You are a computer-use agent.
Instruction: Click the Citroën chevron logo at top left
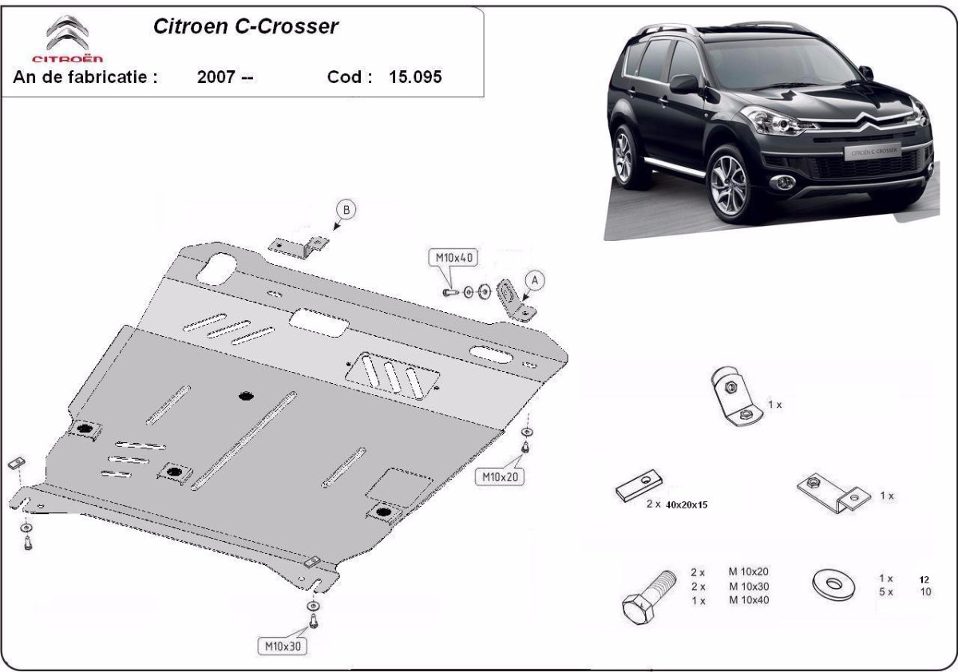[x=68, y=33]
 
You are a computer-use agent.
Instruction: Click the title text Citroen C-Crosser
[x=246, y=26]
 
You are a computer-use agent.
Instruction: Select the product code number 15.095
[x=415, y=77]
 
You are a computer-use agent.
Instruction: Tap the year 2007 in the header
[x=216, y=77]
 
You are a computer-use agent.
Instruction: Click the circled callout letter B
[x=346, y=210]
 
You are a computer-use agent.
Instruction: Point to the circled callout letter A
[x=534, y=280]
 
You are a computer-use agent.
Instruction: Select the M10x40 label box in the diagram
[x=453, y=258]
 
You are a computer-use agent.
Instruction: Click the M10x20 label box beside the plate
[x=500, y=476]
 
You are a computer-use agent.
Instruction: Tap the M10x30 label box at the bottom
[x=283, y=646]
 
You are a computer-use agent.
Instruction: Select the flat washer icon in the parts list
[x=833, y=584]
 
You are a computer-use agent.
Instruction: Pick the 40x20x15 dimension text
[x=687, y=505]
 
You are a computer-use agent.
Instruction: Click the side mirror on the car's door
[x=683, y=84]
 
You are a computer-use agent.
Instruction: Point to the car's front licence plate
[x=873, y=152]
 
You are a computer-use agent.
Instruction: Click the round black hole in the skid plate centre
[x=246, y=397]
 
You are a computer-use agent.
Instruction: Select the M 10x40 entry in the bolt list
[x=749, y=600]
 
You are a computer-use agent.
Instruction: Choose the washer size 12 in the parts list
[x=924, y=579]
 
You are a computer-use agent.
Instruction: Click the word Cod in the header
[x=350, y=77]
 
